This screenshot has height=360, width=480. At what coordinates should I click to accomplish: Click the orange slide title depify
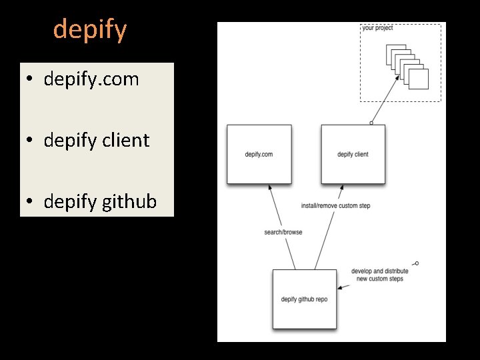(x=89, y=29)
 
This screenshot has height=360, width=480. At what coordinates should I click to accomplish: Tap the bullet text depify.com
(x=91, y=79)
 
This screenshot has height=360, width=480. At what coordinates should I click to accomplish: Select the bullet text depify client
(x=96, y=140)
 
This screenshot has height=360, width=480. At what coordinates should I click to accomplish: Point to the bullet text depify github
(x=100, y=201)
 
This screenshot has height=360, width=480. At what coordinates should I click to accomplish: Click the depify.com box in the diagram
(x=259, y=154)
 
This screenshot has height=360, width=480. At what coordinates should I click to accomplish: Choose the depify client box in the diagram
(x=353, y=154)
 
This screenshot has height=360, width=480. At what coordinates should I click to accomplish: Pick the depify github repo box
(x=304, y=299)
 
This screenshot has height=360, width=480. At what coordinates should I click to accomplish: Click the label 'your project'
(x=377, y=28)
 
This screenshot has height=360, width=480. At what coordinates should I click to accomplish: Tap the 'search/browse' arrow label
(x=283, y=232)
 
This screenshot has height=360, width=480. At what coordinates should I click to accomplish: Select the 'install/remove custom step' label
(x=335, y=206)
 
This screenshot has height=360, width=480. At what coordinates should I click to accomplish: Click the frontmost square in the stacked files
(x=418, y=79)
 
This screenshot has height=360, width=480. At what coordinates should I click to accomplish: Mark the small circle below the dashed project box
(x=371, y=123)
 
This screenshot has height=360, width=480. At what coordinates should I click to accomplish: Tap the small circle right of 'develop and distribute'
(x=417, y=263)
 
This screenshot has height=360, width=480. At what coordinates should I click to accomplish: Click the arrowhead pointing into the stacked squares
(x=397, y=77)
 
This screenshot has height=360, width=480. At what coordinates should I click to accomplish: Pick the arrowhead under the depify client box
(x=340, y=189)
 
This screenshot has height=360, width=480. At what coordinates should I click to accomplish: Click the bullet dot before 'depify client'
(x=31, y=141)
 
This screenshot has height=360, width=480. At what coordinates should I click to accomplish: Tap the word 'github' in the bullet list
(x=129, y=201)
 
